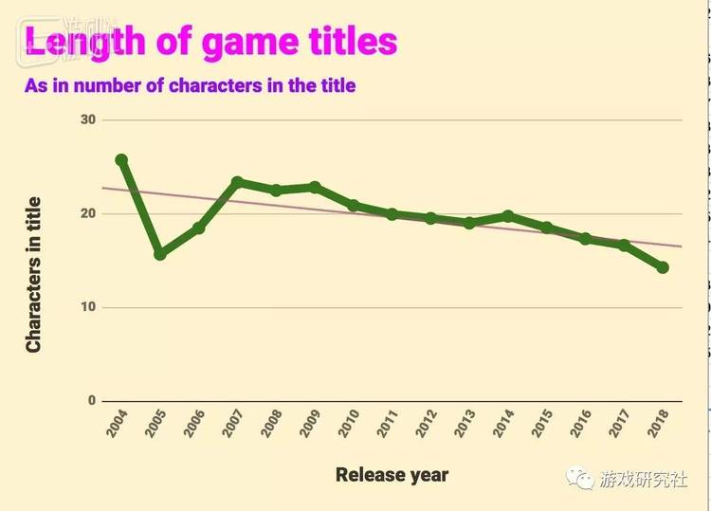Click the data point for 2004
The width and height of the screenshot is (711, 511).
(121, 160)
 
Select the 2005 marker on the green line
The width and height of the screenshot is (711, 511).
(160, 254)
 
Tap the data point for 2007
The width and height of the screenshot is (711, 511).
(238, 182)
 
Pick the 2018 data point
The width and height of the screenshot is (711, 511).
(663, 267)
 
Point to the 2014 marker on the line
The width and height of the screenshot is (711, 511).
(508, 216)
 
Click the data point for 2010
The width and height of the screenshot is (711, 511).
(354, 206)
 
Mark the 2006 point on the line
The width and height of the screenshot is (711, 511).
(199, 228)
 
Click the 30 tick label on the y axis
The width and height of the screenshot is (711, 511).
(88, 119)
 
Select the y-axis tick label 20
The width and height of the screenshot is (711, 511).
(88, 213)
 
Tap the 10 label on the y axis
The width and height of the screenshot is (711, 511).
(88, 307)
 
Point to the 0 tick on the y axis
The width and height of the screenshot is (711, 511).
(92, 400)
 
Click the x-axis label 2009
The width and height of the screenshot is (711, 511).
(309, 424)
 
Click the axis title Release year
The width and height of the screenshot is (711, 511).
(392, 475)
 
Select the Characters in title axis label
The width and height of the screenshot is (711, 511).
(34, 275)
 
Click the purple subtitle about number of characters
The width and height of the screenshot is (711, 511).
(190, 85)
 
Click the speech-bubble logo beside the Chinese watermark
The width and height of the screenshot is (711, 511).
(581, 479)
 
